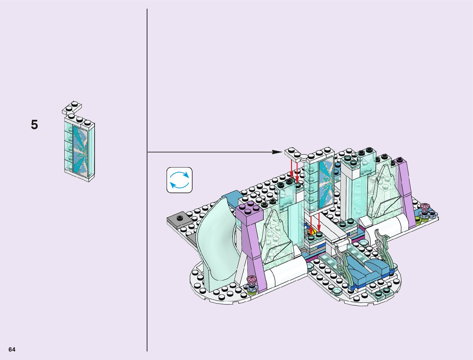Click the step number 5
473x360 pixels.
pyautogui.click(x=34, y=125)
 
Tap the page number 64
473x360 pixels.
pyautogui.click(x=12, y=349)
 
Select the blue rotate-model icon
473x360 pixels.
pyautogui.click(x=179, y=180)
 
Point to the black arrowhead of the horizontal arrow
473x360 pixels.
pyautogui.click(x=277, y=152)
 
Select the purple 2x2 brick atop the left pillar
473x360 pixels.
pyautogui.click(x=249, y=212)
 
